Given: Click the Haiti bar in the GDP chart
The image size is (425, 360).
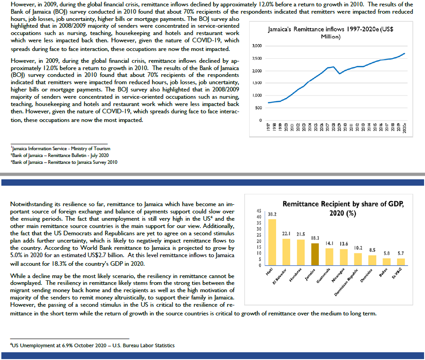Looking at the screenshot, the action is coord(272,242).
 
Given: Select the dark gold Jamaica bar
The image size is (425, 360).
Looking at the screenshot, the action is coord(315,254).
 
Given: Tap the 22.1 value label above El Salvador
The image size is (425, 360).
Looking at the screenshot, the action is coord(286,233).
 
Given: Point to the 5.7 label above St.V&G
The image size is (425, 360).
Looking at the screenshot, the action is coord(400,253).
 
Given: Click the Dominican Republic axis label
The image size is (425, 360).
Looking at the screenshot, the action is coord(346,282).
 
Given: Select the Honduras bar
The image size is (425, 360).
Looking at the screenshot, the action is coord(301,253).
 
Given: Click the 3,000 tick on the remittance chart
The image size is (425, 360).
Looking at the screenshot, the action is coord(257,46).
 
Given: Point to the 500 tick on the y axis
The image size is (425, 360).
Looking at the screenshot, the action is coord(259,108).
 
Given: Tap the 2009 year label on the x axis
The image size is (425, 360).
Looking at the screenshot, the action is coord(339,127).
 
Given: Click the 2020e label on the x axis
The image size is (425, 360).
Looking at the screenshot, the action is coord(405,127).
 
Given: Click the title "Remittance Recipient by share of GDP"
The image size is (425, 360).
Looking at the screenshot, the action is coord(343,204).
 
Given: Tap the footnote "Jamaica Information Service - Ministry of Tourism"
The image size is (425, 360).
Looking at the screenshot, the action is coord(61,148).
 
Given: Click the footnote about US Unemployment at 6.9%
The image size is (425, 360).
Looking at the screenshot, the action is coord(92,345).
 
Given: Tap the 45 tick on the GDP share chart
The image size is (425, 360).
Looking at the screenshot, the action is coord(259,211).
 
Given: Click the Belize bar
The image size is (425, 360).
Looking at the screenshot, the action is coord(387,262).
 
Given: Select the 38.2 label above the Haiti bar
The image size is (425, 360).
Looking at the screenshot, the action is coord(272,214).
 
